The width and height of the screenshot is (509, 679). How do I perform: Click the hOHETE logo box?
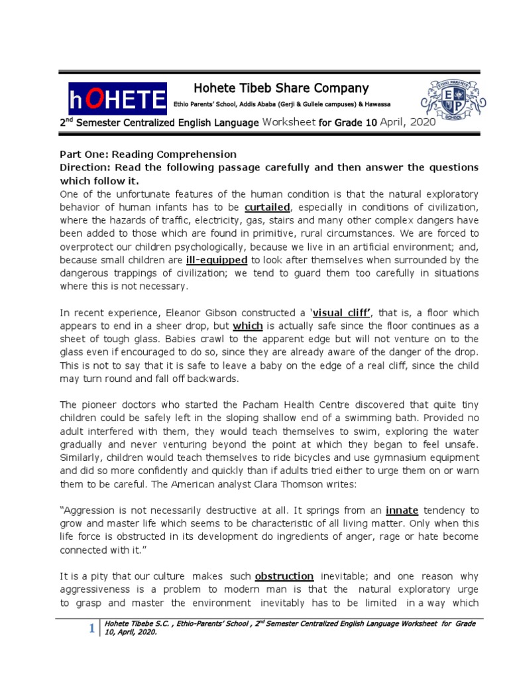117,99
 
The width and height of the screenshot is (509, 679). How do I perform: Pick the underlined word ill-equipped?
218,260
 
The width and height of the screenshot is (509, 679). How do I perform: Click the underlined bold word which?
249,326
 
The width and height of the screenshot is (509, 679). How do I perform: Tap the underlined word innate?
402,510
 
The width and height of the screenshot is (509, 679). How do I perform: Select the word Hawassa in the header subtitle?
376,105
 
